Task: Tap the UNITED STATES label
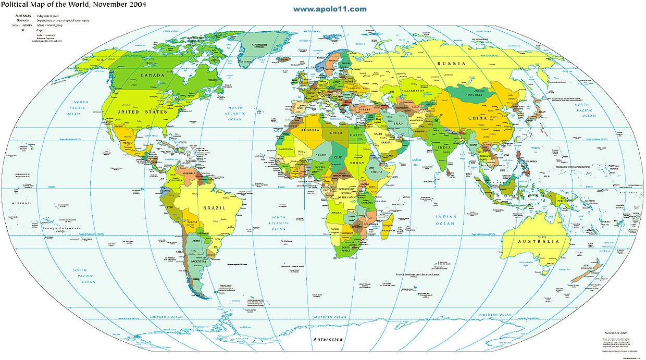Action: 142,111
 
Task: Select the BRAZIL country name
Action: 214,207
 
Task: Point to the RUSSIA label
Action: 451,63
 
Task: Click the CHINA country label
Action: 477,118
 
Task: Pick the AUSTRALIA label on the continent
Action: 538,241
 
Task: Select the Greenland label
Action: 259,45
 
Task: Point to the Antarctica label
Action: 328,339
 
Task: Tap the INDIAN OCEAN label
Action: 445,220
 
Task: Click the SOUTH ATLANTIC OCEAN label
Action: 278,222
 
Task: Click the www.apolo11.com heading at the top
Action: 330,9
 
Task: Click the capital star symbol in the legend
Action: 23,30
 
